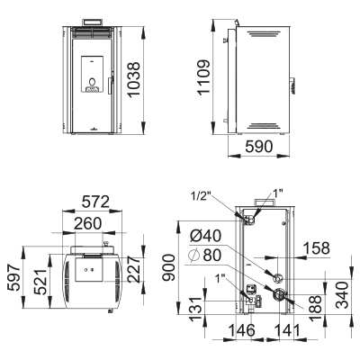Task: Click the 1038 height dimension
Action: (134, 79)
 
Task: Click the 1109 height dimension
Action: (203, 77)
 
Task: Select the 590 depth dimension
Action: (259, 147)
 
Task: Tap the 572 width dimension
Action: (96, 202)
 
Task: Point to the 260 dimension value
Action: (88, 223)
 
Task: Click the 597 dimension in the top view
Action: (14, 277)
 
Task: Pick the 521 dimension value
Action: (40, 282)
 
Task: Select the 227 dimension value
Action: (134, 269)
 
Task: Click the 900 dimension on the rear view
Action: (168, 267)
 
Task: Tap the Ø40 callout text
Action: (206, 236)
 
